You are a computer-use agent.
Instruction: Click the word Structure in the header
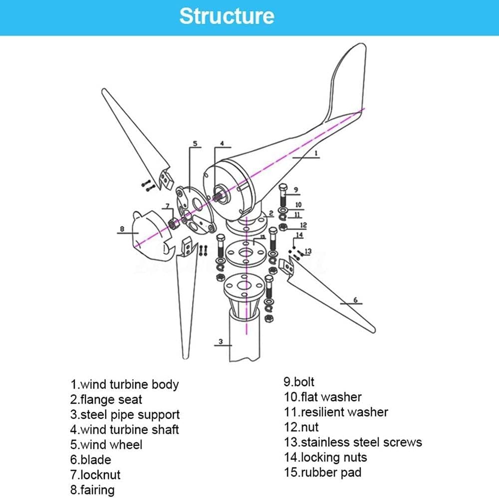(227, 16)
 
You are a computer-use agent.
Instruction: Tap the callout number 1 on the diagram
(316, 153)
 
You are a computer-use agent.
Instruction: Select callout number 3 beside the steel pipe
(221, 342)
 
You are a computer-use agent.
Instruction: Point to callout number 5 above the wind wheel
(195, 144)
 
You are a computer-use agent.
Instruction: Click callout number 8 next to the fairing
(121, 229)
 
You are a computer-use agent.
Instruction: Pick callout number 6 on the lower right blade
(355, 300)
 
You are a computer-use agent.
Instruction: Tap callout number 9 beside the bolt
(295, 189)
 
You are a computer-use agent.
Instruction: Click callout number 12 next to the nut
(303, 225)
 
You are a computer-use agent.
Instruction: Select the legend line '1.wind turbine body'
(124, 385)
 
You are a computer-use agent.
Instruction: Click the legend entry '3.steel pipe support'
(125, 415)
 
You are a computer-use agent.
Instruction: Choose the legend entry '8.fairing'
(92, 490)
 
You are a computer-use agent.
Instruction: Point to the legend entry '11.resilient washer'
(336, 412)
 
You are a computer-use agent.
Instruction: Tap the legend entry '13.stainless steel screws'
(353, 442)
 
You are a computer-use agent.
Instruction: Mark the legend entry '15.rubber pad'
(322, 472)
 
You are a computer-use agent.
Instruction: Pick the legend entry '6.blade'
(90, 460)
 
